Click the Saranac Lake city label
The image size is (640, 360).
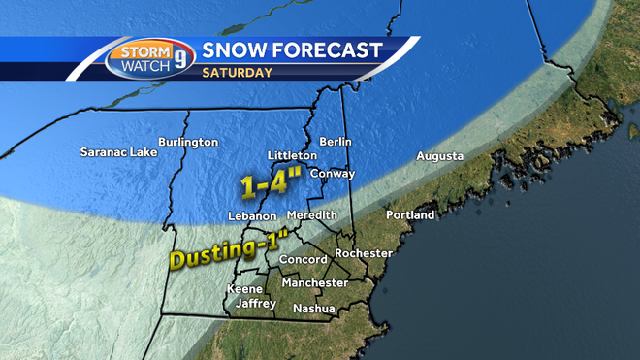pyautogui.click(x=119, y=151)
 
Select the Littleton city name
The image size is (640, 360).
pyautogui.click(x=292, y=155)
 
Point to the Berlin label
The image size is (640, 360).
pyautogui.click(x=335, y=142)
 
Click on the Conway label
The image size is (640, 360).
pyautogui.click(x=333, y=174)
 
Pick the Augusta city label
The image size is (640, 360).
pyautogui.click(x=439, y=156)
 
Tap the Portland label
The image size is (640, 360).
pyautogui.click(x=410, y=214)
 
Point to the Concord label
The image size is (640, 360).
pyautogui.click(x=303, y=260)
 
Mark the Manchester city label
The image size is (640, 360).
pyautogui.click(x=314, y=282)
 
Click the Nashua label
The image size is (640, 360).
pyautogui.click(x=315, y=309)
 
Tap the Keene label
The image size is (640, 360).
pyautogui.click(x=244, y=289)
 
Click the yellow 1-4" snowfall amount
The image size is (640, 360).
pyautogui.click(x=271, y=181)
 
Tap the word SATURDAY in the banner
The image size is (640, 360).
pyautogui.click(x=237, y=71)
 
